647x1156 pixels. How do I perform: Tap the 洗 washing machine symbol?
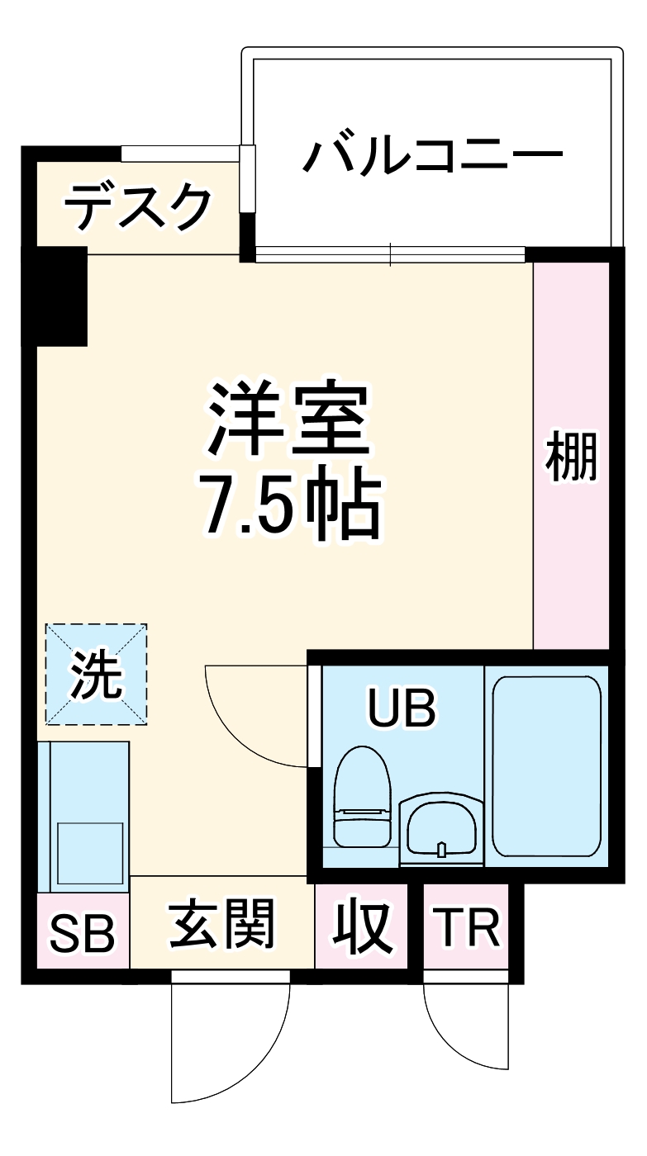[x=96, y=675]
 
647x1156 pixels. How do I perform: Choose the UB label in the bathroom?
[x=402, y=708]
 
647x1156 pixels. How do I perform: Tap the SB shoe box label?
[x=82, y=932]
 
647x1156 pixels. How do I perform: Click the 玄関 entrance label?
[x=221, y=926]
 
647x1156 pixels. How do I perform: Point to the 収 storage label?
[x=362, y=926]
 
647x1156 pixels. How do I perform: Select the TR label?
[x=467, y=927]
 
